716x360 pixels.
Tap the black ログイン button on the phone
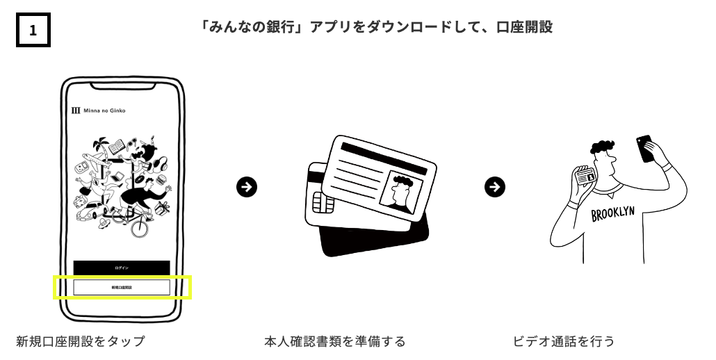click(122, 268)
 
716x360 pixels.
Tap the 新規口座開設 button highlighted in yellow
click(122, 287)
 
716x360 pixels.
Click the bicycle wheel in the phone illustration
click(140, 229)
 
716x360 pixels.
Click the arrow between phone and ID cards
click(246, 186)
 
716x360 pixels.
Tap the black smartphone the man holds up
click(646, 148)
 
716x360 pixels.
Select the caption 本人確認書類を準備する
click(334, 341)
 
